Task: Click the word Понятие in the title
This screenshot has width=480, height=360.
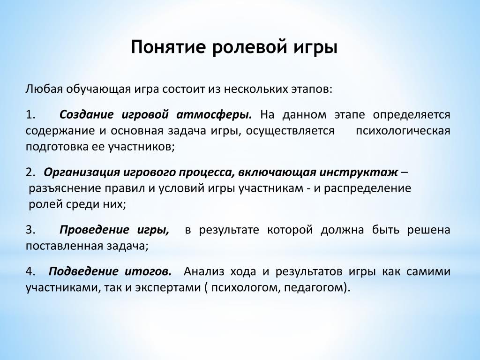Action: [168, 47]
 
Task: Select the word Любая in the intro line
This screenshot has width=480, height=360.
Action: [44, 90]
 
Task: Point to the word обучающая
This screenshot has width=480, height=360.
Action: [97, 90]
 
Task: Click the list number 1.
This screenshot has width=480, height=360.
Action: [30, 114]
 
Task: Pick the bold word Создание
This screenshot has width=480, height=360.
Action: [86, 114]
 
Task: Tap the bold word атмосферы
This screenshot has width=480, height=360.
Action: [214, 115]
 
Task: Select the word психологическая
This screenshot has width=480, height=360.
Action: [403, 131]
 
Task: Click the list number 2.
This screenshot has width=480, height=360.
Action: [30, 172]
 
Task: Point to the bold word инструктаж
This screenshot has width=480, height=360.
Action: [359, 173]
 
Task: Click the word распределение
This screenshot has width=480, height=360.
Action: [367, 188]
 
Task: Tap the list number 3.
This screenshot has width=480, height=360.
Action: [30, 230]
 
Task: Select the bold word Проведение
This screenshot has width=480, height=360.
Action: [94, 230]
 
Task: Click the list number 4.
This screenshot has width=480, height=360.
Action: [30, 271]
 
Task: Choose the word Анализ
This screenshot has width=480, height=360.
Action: [204, 271]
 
